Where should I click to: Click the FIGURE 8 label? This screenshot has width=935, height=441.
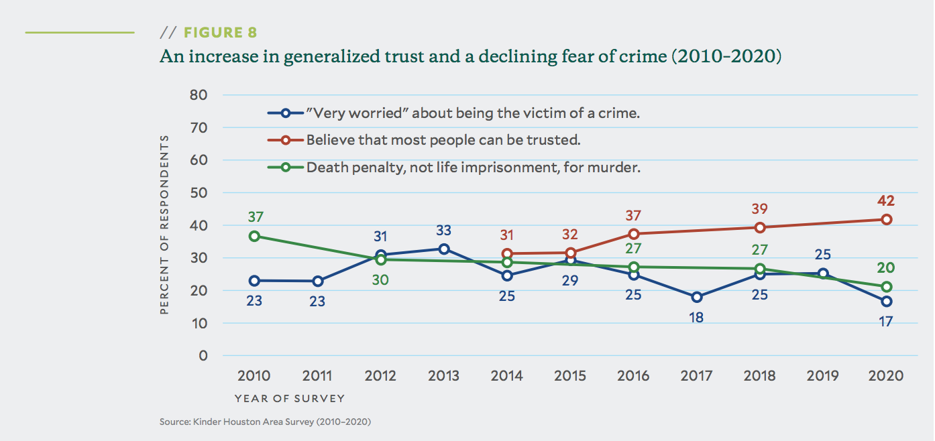point(220,33)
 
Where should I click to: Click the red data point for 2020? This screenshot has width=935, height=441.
point(887,219)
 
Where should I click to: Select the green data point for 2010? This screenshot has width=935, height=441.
point(254,236)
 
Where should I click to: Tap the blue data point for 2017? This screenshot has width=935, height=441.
point(697,297)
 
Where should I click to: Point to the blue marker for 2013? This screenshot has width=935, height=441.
point(444,249)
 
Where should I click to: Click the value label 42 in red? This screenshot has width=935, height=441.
point(885,200)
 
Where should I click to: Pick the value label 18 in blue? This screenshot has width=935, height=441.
point(697,318)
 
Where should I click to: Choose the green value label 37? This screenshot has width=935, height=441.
point(255,217)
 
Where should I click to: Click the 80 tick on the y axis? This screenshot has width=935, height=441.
point(199,94)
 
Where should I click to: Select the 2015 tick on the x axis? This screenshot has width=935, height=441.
point(571,375)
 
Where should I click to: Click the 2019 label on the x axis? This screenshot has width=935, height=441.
point(824,375)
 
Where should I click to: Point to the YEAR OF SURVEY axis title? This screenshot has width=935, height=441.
point(290,398)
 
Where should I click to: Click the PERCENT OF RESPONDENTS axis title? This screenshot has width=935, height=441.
point(164,225)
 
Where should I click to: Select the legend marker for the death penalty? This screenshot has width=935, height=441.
point(286,168)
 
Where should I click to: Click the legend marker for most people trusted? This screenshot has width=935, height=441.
point(286,141)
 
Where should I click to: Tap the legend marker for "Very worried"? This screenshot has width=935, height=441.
point(286,113)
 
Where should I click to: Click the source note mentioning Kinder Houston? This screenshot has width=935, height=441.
point(265,422)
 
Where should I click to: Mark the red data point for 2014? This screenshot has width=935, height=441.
point(507,253)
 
